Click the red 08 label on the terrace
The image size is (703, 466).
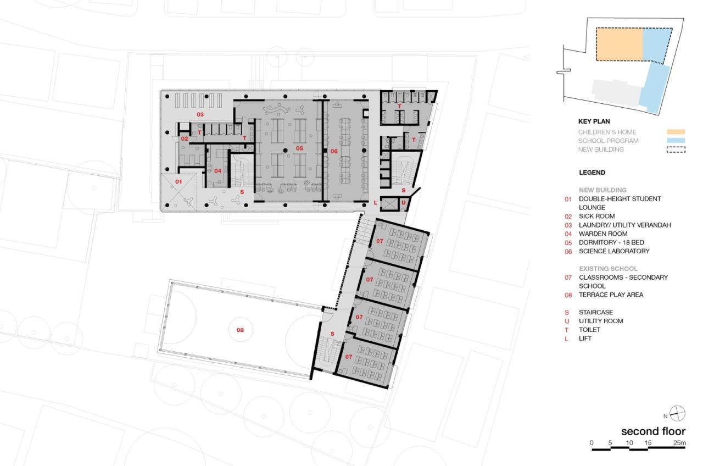tap(240, 330)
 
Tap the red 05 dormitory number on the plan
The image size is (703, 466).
tap(299, 148)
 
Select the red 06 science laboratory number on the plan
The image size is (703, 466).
tap(334, 151)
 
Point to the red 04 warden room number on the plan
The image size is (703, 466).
tap(218, 171)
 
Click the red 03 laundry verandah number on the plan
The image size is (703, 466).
tap(200, 115)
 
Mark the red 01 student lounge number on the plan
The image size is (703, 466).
tap(178, 181)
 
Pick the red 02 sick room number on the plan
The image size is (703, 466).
tap(185, 139)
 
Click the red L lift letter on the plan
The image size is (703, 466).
tap(375, 203)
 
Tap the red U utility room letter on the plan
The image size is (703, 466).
tap(403, 203)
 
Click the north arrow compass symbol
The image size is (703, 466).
tap(677, 413)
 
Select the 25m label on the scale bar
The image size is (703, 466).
tap(679, 443)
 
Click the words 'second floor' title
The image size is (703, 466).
tap(654, 431)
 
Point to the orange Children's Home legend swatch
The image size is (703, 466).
tap(676, 132)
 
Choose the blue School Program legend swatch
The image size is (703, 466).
tap(676, 140)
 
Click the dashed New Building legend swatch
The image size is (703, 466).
tap(676, 149)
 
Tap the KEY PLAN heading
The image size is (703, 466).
tap(594, 121)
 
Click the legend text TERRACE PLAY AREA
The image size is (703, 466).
tap(611, 295)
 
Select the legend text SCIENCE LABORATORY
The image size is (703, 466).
tap(614, 251)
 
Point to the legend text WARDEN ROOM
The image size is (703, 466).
tap(603, 234)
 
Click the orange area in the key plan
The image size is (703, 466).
tap(619, 45)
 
